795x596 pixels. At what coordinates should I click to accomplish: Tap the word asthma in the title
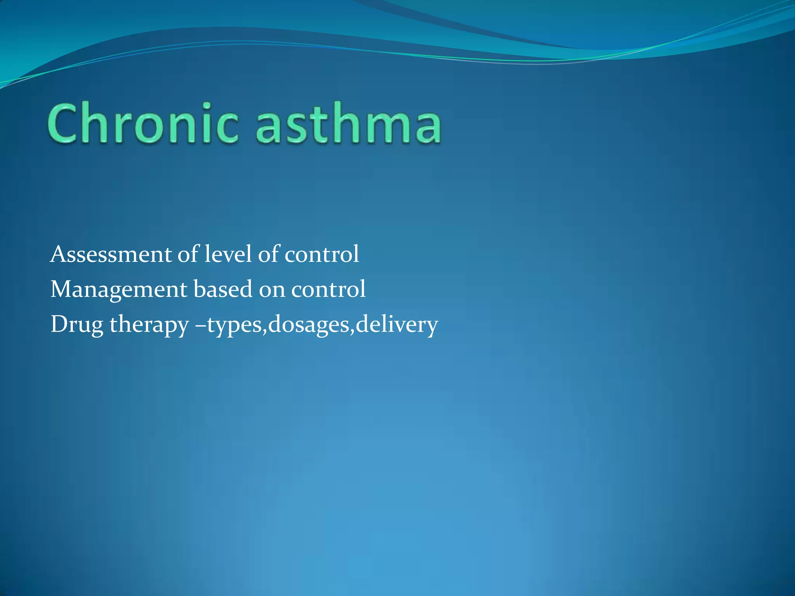tap(348, 123)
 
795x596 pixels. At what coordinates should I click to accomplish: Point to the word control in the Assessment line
tap(322, 255)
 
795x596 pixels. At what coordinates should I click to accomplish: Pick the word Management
tap(119, 289)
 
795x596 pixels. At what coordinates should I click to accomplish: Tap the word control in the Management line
tap(328, 289)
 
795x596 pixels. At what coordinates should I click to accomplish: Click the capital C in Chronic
tap(62, 123)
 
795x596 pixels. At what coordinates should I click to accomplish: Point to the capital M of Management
tap(61, 289)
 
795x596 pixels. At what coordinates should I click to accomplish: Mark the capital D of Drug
tap(59, 324)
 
